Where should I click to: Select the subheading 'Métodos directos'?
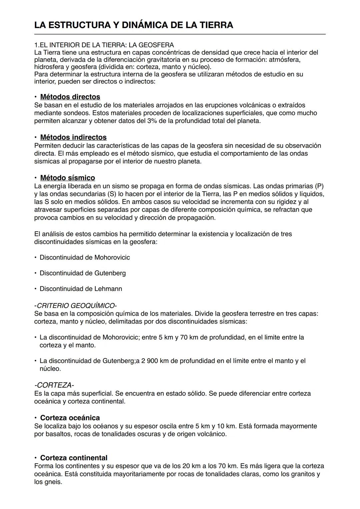pos(70,97)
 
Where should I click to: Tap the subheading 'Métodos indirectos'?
pos(73,137)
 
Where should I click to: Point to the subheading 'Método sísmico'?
pos(67,178)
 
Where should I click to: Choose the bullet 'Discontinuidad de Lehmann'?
pos(81,289)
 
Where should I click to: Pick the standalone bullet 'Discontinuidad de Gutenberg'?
pos(83,273)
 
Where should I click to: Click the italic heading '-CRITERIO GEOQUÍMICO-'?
pos(75,306)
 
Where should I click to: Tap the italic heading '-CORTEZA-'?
pos(54,385)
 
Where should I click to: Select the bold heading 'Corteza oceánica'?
pos(70,418)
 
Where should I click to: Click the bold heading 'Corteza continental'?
pos(74,458)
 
